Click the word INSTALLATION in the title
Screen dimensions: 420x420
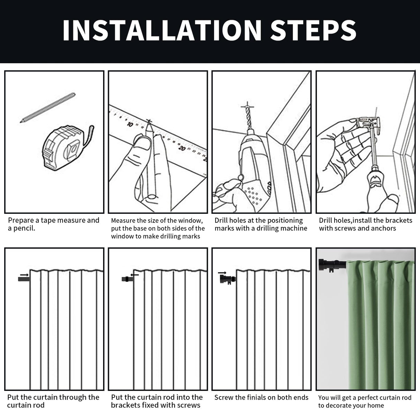click(162, 30)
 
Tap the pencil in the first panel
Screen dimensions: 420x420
click(48, 108)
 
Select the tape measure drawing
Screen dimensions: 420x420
click(67, 148)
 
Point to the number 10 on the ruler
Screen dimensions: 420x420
click(130, 125)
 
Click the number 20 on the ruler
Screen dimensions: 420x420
click(182, 148)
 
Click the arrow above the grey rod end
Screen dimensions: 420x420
click(24, 275)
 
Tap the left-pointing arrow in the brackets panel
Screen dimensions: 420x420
click(135, 275)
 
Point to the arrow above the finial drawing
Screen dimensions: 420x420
click(222, 273)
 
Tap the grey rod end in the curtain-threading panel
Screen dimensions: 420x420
click(24, 279)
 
